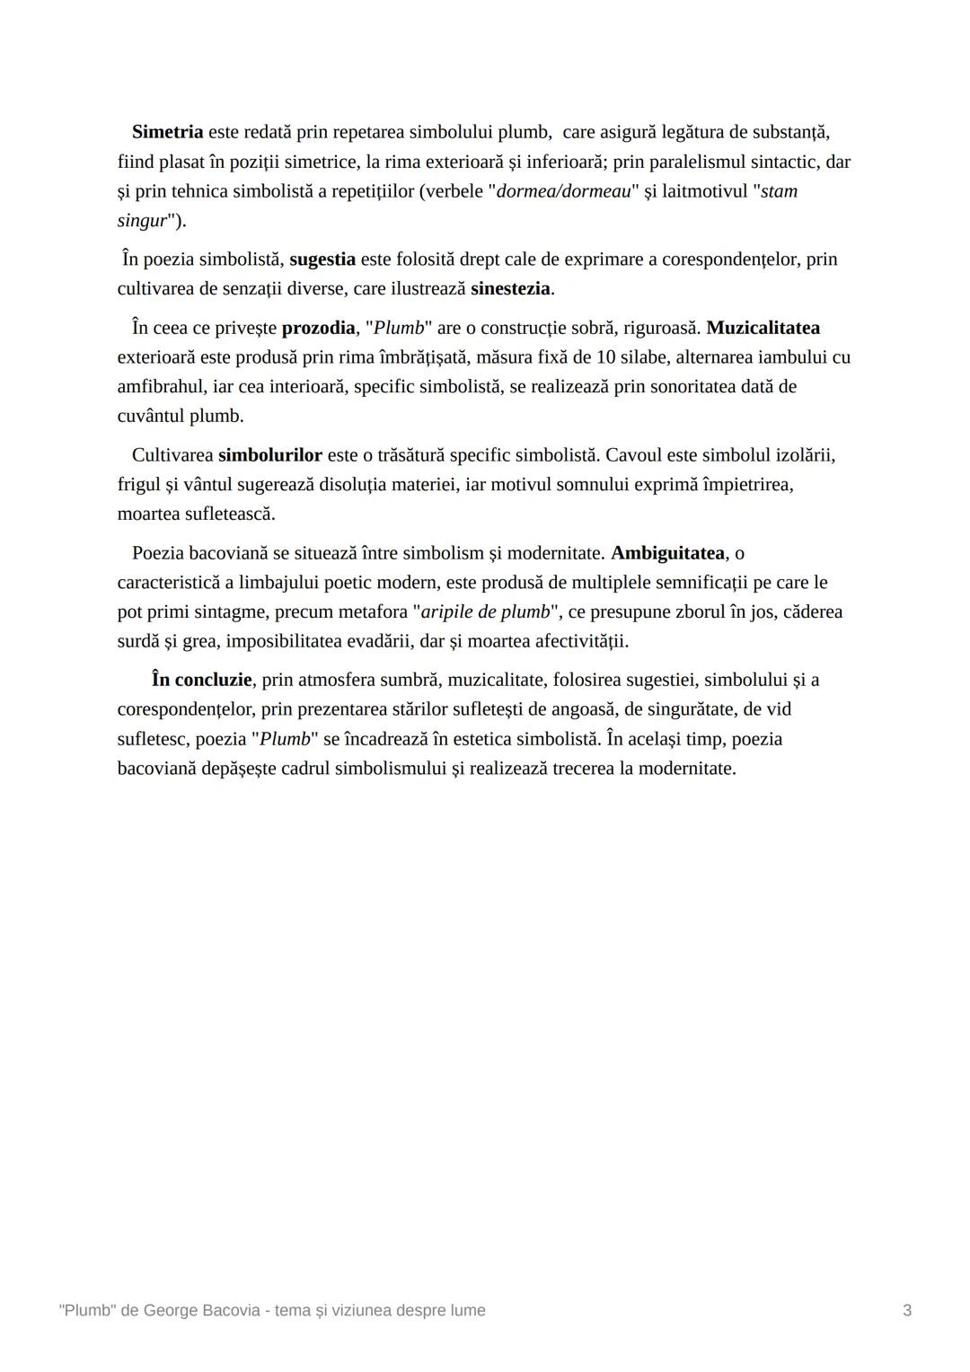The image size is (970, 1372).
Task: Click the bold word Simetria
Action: point(167,132)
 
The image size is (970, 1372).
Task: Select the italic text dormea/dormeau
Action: point(564,191)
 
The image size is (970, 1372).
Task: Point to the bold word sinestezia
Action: point(510,289)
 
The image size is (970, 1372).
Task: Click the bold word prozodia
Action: point(318,328)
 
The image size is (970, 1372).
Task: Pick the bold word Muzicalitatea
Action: point(763,328)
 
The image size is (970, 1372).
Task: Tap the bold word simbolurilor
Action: point(269,455)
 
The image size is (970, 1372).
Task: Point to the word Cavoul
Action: point(634,455)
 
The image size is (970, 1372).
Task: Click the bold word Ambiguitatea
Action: point(667,553)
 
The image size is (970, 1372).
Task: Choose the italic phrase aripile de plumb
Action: point(485,612)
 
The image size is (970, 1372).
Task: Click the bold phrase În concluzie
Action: point(201,680)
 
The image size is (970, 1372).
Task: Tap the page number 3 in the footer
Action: point(907,1311)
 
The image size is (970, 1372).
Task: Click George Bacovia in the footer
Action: point(198,1311)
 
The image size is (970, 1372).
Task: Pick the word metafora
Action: point(369,612)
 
